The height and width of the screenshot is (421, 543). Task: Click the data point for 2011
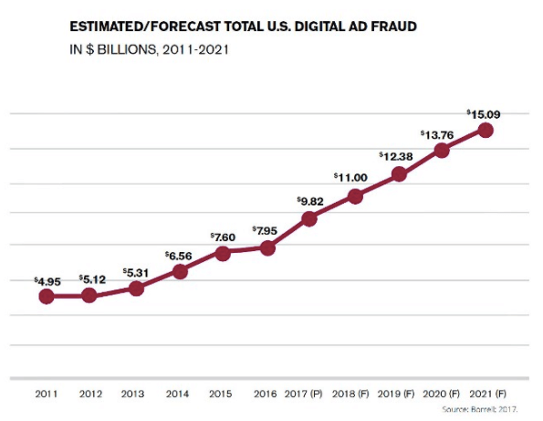point(47,296)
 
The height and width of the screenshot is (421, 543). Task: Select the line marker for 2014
point(180,271)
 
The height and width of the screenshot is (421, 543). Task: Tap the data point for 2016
point(267,247)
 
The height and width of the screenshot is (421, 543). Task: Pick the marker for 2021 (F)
point(486,130)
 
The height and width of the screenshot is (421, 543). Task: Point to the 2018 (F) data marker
point(356,196)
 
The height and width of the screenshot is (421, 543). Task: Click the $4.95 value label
point(47,281)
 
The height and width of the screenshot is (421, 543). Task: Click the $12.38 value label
point(397,156)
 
